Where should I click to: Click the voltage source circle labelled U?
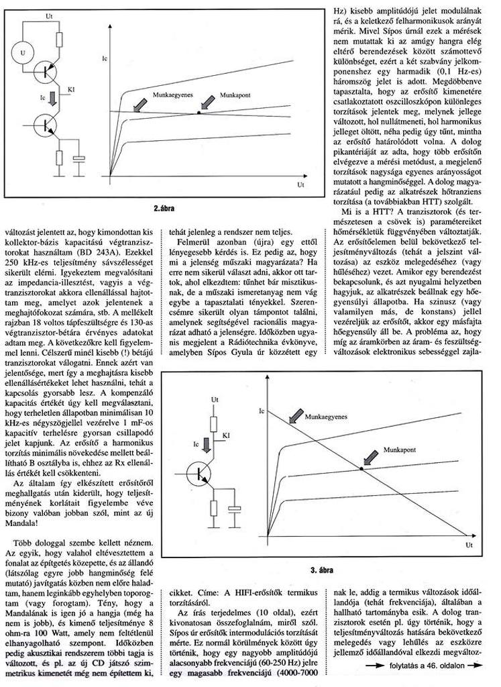click(23, 52)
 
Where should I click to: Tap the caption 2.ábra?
click(164, 209)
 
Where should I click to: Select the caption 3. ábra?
click(323, 570)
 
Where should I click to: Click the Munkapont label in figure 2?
click(235, 96)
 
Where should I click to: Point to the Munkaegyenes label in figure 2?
click(173, 96)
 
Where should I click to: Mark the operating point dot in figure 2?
click(199, 112)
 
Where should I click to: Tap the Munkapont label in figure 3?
click(400, 448)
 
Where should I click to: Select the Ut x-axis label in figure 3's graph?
click(469, 547)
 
